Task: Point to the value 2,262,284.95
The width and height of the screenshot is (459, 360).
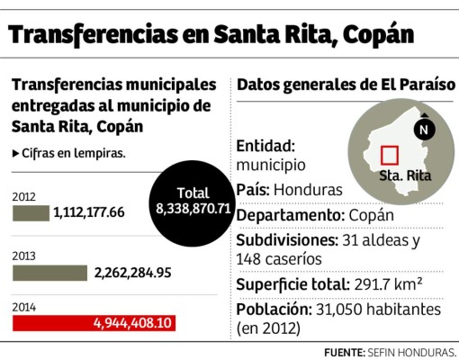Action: pyautogui.click(x=131, y=272)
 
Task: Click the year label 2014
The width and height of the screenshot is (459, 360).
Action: pyautogui.click(x=23, y=307)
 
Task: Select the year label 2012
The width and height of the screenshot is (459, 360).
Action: pyautogui.click(x=23, y=197)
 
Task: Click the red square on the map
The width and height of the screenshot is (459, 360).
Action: pyautogui.click(x=390, y=155)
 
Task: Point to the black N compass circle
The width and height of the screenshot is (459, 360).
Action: pyautogui.click(x=425, y=129)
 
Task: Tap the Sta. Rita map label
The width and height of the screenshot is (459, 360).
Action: pyautogui.click(x=401, y=175)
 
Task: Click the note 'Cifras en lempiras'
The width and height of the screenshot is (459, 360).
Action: pyautogui.click(x=73, y=153)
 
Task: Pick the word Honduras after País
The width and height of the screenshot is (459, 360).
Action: pyautogui.click(x=310, y=191)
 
